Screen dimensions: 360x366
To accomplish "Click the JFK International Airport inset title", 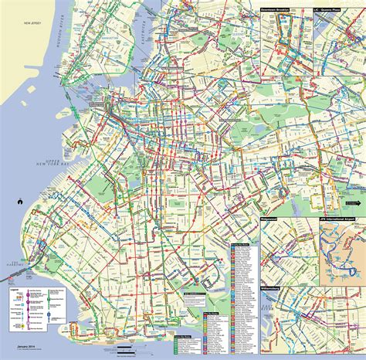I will click(340, 220).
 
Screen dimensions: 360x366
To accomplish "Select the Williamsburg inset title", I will click(276, 288).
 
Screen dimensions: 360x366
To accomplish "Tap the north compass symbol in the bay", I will click(15, 203).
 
